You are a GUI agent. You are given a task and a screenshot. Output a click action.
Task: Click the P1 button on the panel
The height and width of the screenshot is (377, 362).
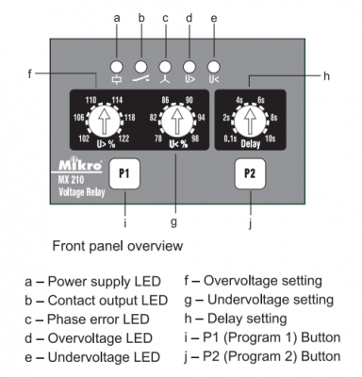(124, 173)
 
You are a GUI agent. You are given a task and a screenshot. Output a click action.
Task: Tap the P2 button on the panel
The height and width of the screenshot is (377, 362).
(250, 173)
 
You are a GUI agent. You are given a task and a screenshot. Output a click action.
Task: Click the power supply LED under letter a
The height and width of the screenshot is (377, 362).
(117, 67)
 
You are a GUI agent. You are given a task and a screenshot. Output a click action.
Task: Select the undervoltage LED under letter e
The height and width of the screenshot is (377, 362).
(214, 67)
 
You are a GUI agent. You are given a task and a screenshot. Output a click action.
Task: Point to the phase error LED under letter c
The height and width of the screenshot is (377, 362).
(165, 67)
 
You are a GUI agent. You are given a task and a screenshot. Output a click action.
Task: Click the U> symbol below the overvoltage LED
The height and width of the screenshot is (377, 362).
(189, 79)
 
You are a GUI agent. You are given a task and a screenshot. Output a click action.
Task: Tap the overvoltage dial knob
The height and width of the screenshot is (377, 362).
(104, 121)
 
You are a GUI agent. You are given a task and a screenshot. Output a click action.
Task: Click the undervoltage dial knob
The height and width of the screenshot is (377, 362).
(177, 121)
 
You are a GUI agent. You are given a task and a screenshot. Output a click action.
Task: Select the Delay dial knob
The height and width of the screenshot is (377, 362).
(251, 121)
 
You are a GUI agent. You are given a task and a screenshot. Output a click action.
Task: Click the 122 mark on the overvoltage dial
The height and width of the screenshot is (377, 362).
(123, 139)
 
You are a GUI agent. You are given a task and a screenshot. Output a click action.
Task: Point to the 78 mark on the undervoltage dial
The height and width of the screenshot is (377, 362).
(158, 139)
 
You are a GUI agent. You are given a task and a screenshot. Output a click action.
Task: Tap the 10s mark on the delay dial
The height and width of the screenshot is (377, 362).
(271, 139)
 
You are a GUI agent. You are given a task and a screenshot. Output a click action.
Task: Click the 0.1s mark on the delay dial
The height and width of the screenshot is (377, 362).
(230, 139)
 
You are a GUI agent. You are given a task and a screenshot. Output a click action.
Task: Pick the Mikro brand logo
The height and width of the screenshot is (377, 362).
(80, 164)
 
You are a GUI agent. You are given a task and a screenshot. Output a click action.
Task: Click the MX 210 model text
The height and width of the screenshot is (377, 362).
(71, 180)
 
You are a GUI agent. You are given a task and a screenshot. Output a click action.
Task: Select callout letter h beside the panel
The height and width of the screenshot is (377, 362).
(326, 75)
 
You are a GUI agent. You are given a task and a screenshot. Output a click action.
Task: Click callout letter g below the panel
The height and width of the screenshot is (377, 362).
(173, 222)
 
